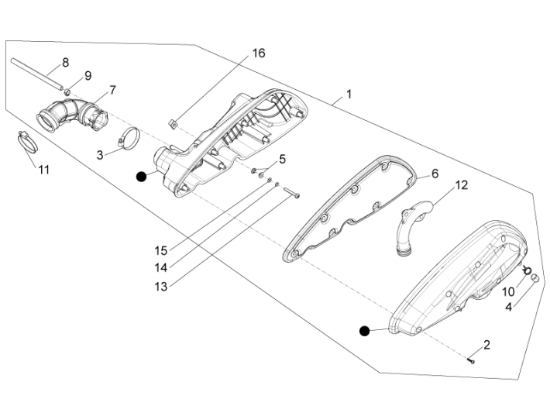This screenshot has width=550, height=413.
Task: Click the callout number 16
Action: pos(258,53)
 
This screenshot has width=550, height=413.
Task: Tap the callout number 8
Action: pos(65,62)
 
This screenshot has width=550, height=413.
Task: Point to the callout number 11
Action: pos(44,169)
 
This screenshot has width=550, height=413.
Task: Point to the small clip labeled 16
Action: pos(172,122)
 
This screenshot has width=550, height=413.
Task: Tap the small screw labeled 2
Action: pos(471,359)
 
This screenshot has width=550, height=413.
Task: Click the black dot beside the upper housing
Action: pos(141,177)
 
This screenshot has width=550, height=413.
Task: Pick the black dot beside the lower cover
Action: pos(364,331)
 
